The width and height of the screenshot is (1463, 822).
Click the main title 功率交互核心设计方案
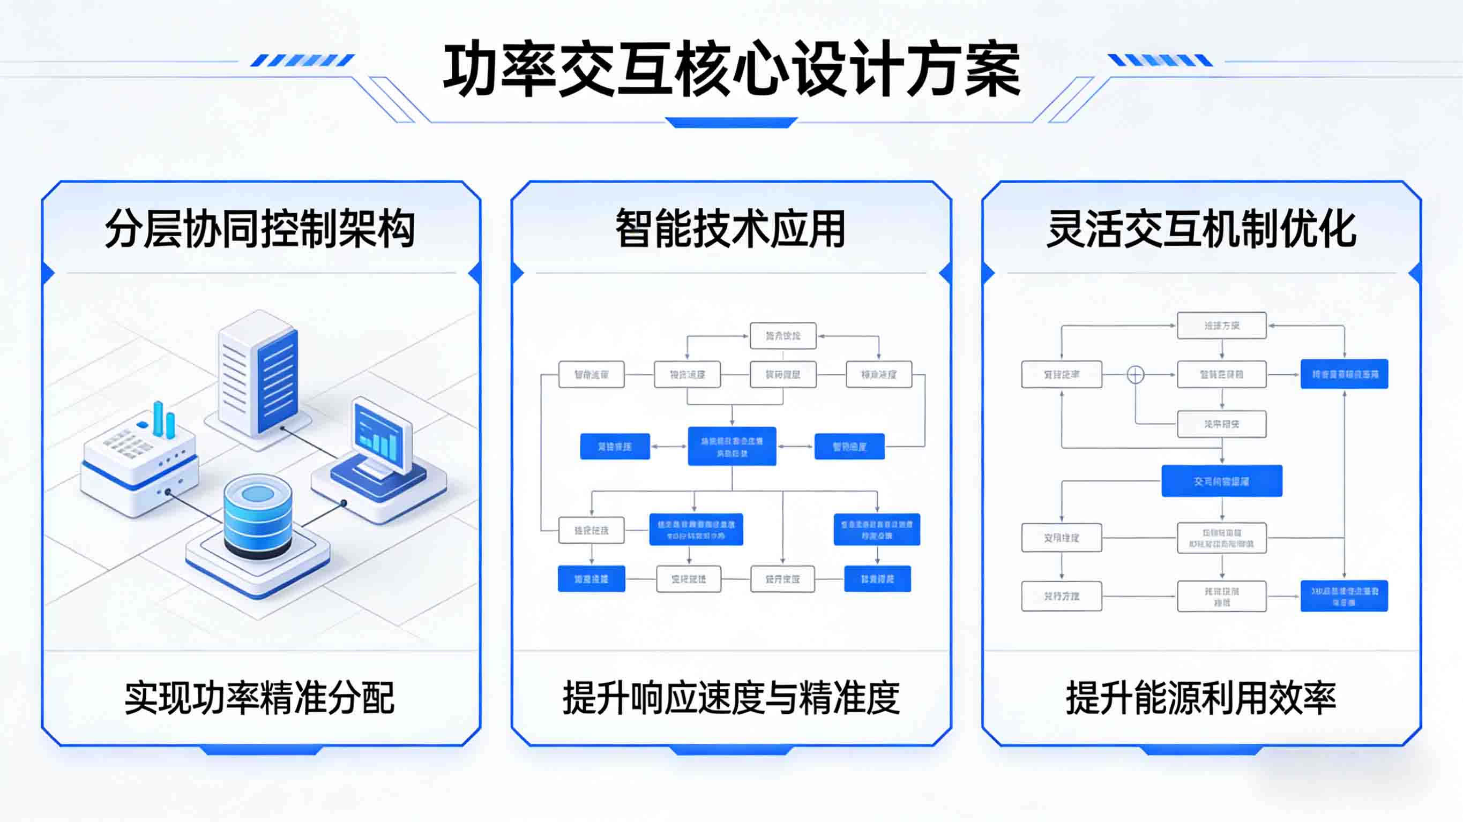(x=731, y=69)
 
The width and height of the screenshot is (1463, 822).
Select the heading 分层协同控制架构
(x=260, y=229)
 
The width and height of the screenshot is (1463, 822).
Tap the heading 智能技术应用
(x=731, y=229)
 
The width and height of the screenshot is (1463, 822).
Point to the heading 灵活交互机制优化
(x=1201, y=229)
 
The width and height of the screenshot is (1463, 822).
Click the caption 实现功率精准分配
(x=259, y=698)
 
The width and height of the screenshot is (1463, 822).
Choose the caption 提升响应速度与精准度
(x=731, y=698)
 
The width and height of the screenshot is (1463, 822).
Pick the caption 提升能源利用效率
(x=1201, y=698)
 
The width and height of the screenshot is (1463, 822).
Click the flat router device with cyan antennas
(x=139, y=463)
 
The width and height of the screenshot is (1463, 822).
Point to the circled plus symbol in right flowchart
(x=1136, y=375)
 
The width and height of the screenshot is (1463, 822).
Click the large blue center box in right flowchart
(x=1222, y=481)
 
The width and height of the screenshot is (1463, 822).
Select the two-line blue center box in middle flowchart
(x=731, y=447)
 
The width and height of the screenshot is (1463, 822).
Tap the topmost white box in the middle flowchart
(x=782, y=336)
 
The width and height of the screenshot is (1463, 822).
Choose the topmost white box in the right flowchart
(x=1222, y=325)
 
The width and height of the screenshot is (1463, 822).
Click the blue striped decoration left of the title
(x=302, y=60)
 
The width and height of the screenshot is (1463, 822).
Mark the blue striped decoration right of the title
(x=1160, y=60)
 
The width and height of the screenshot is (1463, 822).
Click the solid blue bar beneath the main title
(x=731, y=123)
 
